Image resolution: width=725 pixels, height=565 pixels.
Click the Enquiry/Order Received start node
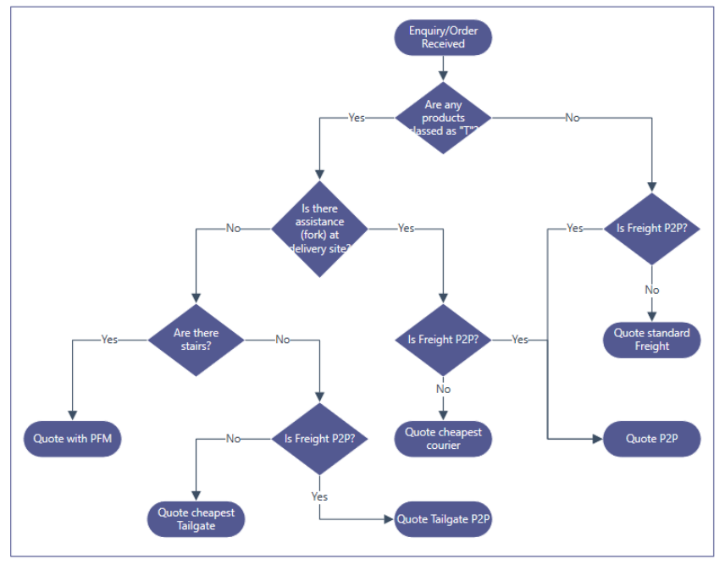[x=443, y=37]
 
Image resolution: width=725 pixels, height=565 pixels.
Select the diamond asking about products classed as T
[x=443, y=118]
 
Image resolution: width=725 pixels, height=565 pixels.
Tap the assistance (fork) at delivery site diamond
[x=319, y=229]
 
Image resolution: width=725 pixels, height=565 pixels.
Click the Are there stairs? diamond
[x=196, y=340]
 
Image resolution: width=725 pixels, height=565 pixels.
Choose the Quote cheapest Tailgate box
[x=196, y=518]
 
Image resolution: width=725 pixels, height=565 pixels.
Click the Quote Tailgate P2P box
[x=443, y=519]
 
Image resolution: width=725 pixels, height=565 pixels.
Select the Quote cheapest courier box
[x=443, y=438]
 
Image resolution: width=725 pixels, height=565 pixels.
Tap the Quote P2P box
[x=651, y=439]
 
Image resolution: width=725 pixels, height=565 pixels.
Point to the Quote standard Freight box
[x=651, y=339]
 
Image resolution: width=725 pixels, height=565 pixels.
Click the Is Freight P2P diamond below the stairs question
[x=319, y=439]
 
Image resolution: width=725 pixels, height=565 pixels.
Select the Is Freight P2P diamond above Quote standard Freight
[x=651, y=229]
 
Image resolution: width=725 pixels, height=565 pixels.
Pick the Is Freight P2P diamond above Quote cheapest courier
[x=443, y=340]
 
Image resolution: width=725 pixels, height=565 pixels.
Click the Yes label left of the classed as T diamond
[x=357, y=118]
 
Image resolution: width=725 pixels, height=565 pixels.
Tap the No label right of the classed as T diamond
[x=573, y=118]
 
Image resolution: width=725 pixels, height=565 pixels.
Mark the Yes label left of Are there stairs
[x=109, y=340]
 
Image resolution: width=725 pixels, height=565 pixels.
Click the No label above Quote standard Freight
[x=651, y=290]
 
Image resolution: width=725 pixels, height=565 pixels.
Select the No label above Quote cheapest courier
[x=443, y=389]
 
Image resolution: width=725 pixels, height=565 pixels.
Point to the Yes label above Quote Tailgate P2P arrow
[x=319, y=496]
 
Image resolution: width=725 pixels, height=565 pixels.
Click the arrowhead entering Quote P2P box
[x=598, y=439]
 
